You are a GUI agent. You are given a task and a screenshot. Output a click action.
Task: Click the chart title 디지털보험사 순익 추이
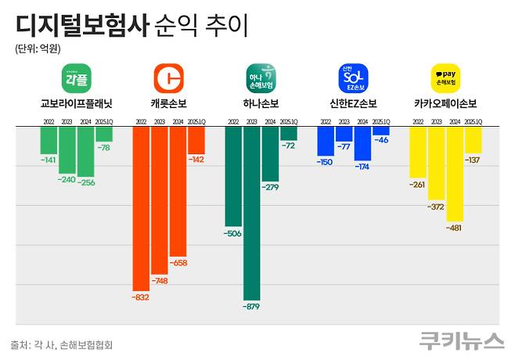(x=131, y=25)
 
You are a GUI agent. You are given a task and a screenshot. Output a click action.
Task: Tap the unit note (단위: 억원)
(x=37, y=49)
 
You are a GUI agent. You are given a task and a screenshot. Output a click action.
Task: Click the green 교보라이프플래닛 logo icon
(x=76, y=79)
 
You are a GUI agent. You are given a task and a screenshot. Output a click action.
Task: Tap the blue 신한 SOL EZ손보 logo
(x=352, y=79)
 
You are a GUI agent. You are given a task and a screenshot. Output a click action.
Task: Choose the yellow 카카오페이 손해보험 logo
(x=446, y=79)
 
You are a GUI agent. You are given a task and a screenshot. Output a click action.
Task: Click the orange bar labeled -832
(x=141, y=207)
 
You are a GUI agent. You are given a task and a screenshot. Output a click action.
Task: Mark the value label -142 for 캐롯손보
(x=196, y=159)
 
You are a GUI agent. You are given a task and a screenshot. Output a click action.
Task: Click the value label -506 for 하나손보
(x=232, y=233)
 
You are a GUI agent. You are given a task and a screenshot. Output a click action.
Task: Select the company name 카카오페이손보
(x=445, y=104)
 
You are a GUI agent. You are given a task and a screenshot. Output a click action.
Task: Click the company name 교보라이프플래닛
(x=77, y=104)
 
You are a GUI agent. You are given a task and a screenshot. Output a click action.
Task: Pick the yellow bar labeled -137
(x=474, y=140)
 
